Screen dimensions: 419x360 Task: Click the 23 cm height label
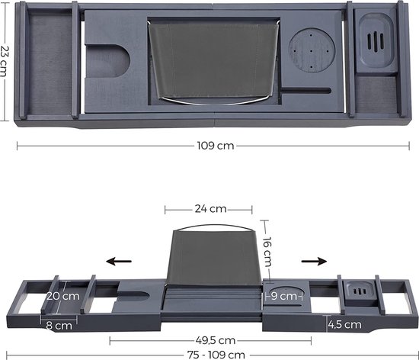tap(5, 61)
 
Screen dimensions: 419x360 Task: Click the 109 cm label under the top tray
tap(216, 146)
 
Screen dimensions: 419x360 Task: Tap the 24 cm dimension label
tap(210, 209)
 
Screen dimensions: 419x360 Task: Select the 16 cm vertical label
tap(267, 252)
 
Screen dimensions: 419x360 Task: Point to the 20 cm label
tap(63, 296)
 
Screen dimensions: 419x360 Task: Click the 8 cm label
tap(59, 326)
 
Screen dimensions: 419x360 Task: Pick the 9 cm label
tap(284, 296)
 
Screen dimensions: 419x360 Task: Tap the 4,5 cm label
tap(344, 325)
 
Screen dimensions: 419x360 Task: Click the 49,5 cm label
tap(216, 341)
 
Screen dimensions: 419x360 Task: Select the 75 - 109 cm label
tap(216, 355)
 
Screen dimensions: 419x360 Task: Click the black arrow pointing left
tap(119, 261)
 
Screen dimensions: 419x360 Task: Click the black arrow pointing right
tap(314, 261)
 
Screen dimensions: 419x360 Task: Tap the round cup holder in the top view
tap(312, 50)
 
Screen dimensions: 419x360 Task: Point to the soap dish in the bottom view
tap(360, 293)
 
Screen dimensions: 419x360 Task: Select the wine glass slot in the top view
tap(107, 61)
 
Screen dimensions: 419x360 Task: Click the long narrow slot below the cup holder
tap(306, 91)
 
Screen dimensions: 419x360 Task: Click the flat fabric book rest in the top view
tap(214, 62)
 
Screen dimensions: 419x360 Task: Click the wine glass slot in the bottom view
tap(133, 295)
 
